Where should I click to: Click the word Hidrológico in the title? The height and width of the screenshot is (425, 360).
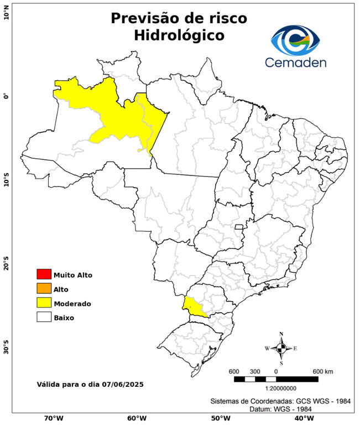pyautogui.click(x=179, y=35)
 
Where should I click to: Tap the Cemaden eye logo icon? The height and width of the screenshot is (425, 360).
pyautogui.click(x=295, y=40)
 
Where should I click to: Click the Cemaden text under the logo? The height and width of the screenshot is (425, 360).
pyautogui.click(x=296, y=61)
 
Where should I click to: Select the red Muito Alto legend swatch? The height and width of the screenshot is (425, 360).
pyautogui.click(x=44, y=274)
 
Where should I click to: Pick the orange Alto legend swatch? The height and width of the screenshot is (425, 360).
pyautogui.click(x=44, y=289)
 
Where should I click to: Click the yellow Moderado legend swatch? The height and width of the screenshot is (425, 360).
pyautogui.click(x=44, y=303)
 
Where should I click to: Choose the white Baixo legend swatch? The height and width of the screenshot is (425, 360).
pyautogui.click(x=44, y=318)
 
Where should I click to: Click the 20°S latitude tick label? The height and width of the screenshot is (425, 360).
pyautogui.click(x=7, y=264)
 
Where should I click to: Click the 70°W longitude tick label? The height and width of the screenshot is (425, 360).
pyautogui.click(x=53, y=418)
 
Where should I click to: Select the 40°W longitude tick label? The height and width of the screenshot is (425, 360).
pyautogui.click(x=303, y=418)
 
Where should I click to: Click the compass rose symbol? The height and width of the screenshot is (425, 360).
pyautogui.click(x=281, y=348)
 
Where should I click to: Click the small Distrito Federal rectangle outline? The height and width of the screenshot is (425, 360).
pyautogui.click(x=239, y=227)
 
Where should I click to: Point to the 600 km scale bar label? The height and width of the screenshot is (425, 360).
pyautogui.click(x=322, y=371)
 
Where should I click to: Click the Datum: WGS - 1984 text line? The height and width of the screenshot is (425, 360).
pyautogui.click(x=284, y=409)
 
